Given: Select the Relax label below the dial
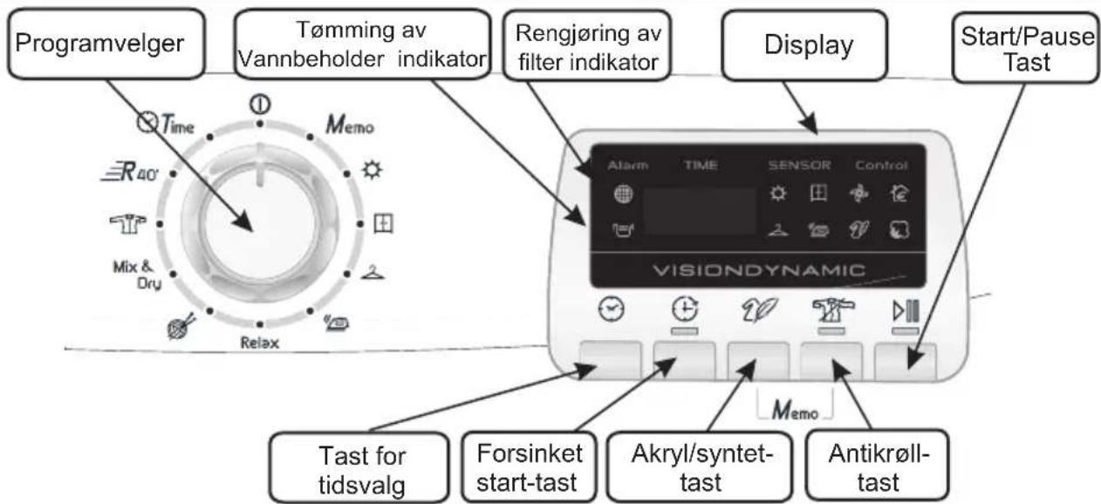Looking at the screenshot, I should tap(260, 343).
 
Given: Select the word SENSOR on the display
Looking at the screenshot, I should tap(801, 166).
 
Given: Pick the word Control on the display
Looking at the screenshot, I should tap(881, 166).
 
